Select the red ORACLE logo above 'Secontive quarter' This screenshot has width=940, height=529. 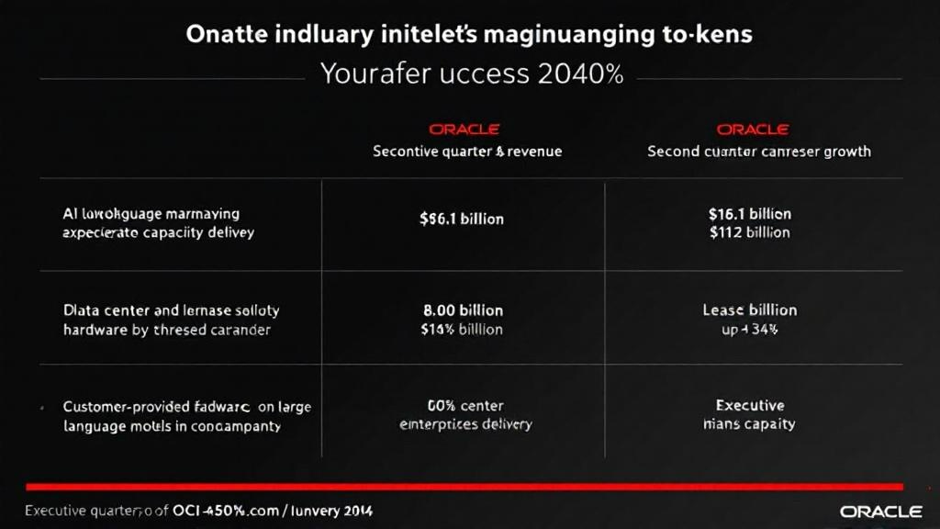click(464, 129)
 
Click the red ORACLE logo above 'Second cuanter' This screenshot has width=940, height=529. click(752, 129)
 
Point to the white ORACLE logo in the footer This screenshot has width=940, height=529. click(880, 511)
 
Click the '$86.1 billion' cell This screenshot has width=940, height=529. click(462, 219)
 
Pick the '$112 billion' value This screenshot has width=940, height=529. click(749, 232)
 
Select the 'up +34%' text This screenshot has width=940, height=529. click(749, 329)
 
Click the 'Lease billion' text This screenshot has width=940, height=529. click(749, 310)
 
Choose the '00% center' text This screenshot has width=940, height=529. click(465, 405)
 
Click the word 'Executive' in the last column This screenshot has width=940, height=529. click(750, 405)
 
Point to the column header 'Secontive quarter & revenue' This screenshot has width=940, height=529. click(467, 152)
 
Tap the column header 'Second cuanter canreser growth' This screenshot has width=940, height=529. click(759, 152)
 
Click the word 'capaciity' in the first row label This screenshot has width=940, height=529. click(174, 232)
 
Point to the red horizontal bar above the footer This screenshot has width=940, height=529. click(464, 487)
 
